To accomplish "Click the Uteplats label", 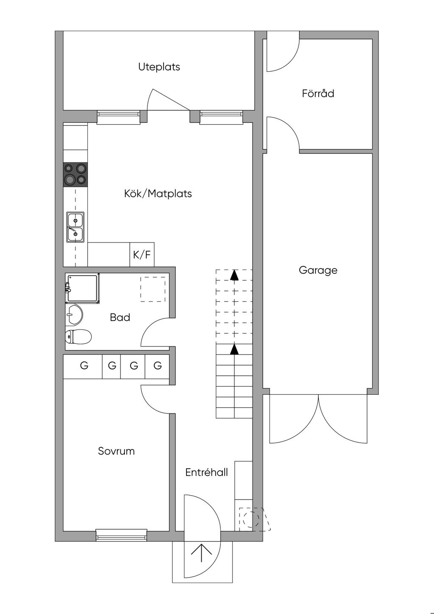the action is coord(159,67).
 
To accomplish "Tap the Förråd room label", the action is coord(318,93).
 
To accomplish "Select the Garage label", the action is coord(318,271).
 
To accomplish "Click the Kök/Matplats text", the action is coord(158,193).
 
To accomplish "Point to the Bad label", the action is coord(120,318).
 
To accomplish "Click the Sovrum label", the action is coord(116,451).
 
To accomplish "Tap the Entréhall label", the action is coord(206,472).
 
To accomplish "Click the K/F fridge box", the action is coord(142,255).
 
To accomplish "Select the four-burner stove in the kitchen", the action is coord(75,175).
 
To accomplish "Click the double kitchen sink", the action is coord(75,227).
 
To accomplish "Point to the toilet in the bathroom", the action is coord(78,336).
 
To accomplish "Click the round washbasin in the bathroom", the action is coord(74,314).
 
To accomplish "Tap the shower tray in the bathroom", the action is coord(82,288).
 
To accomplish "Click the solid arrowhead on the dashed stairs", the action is coord(234,275).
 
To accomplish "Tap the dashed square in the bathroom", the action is coord(153,289).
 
